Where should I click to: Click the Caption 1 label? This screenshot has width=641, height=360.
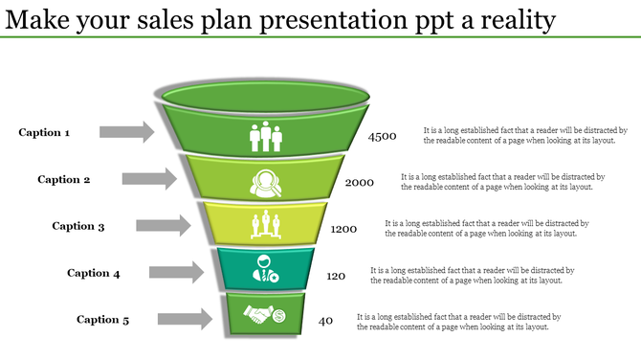[44, 133]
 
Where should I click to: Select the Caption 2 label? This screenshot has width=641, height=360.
[64, 179]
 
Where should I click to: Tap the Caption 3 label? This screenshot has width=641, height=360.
[78, 226]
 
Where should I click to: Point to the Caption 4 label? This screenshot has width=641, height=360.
[94, 273]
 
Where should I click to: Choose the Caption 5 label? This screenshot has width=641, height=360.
[103, 320]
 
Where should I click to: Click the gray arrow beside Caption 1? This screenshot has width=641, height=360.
[126, 132]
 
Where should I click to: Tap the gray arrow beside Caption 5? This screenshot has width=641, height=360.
[185, 319]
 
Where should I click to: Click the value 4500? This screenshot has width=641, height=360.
[382, 137]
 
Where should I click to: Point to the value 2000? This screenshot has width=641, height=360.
[360, 183]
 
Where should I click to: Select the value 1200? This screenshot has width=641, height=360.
[344, 230]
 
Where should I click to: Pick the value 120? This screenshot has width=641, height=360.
[336, 276]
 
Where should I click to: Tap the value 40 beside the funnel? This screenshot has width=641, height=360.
[325, 321]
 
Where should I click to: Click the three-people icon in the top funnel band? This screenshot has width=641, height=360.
[265, 137]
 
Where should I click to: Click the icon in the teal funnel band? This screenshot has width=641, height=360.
[264, 268]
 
